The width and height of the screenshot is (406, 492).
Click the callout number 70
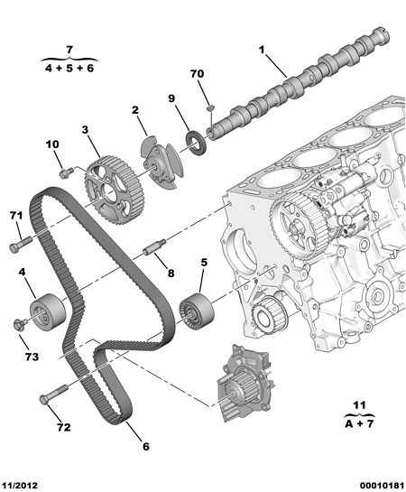coord(197,74)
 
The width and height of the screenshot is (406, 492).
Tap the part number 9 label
coord(171,98)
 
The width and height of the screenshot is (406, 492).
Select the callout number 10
coord(52,144)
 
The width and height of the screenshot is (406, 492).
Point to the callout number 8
coord(171,274)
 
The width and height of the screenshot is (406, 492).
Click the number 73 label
coord(32,357)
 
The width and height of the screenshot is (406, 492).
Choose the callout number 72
coord(64,427)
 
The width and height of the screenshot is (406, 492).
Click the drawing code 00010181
coord(383,486)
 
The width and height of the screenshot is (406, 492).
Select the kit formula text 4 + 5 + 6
coord(69,68)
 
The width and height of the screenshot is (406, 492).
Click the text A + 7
coord(359,424)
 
